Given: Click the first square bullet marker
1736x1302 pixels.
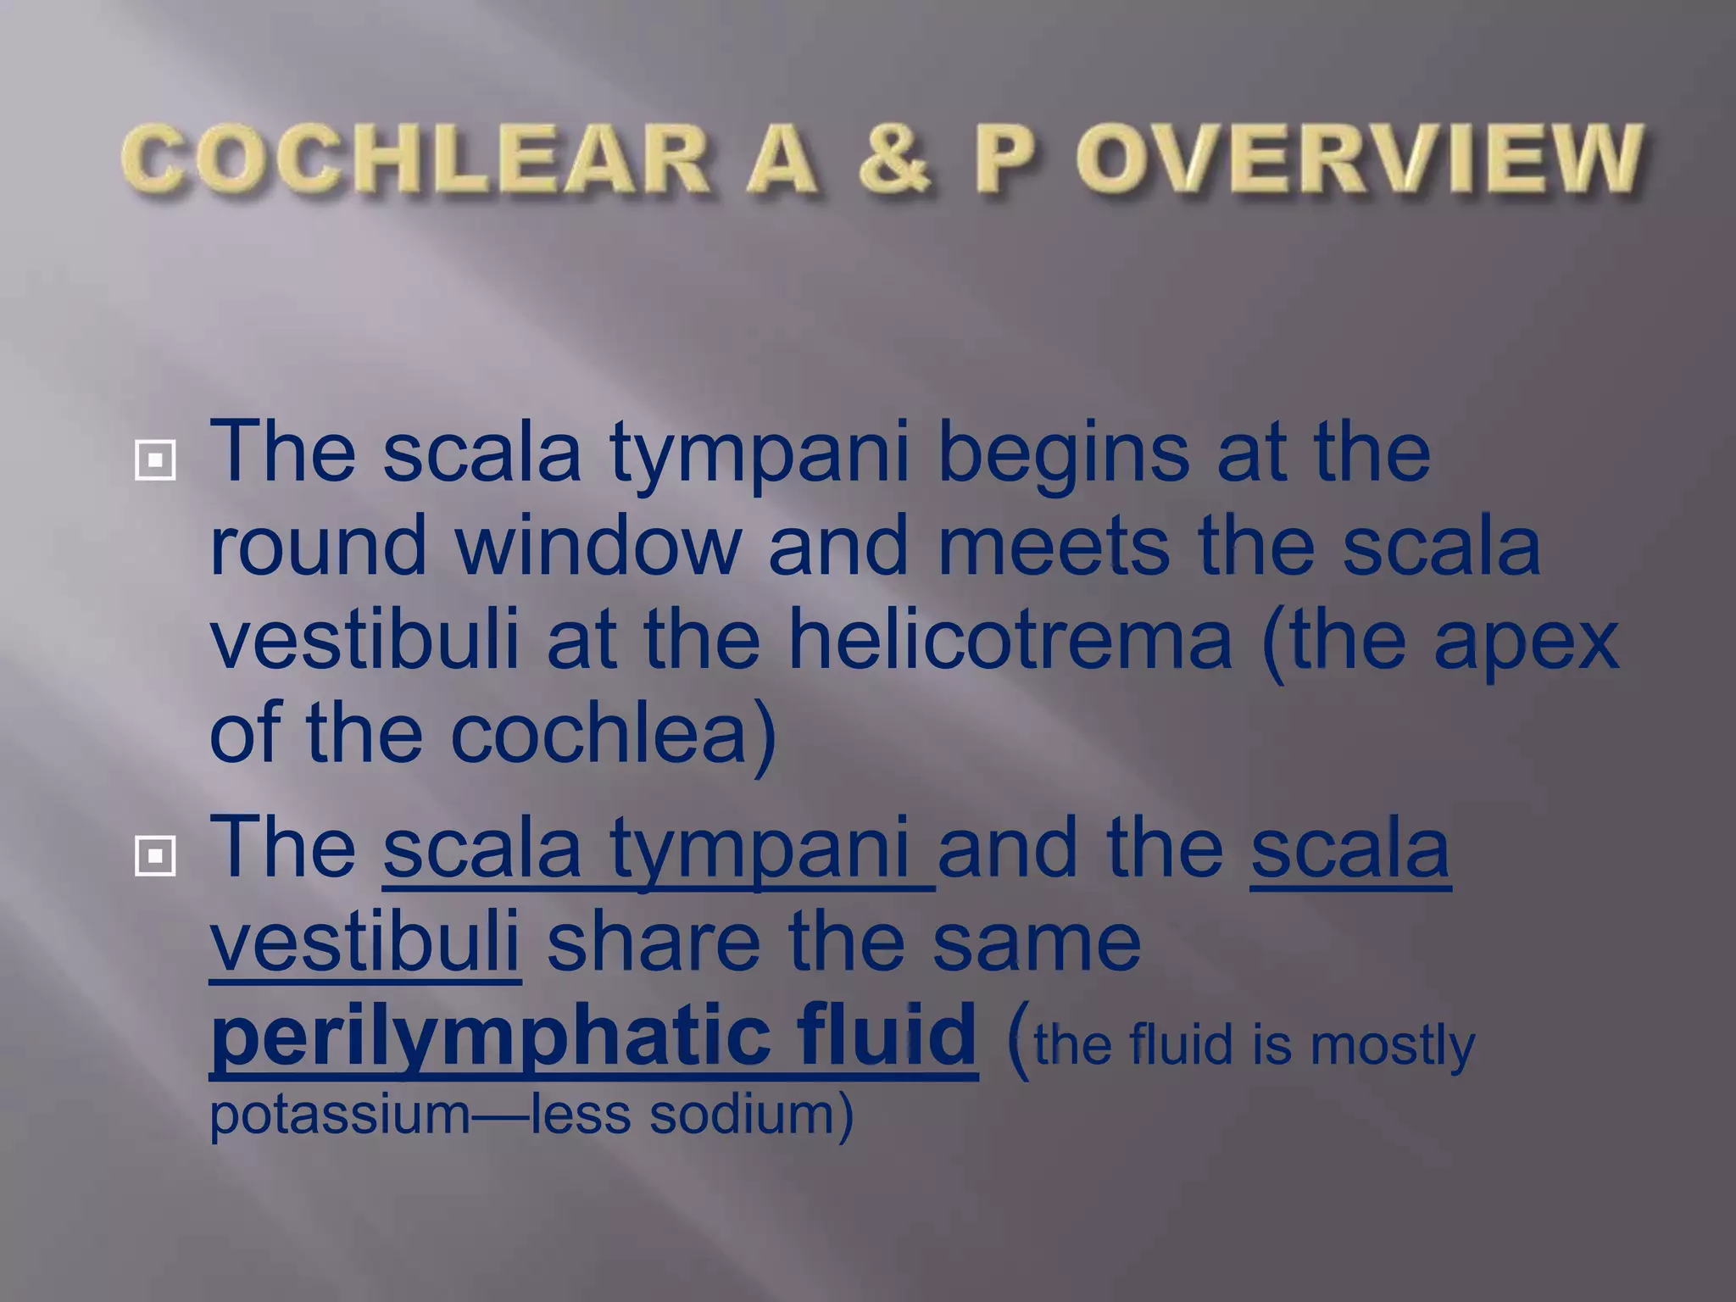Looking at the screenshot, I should tap(155, 460).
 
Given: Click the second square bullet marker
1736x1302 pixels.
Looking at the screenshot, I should tap(155, 856).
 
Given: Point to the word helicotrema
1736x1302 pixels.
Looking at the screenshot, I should tap(1009, 642).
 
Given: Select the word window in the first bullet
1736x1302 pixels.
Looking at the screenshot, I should tap(598, 547).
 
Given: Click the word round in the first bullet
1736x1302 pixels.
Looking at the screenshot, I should tap(318, 547).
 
